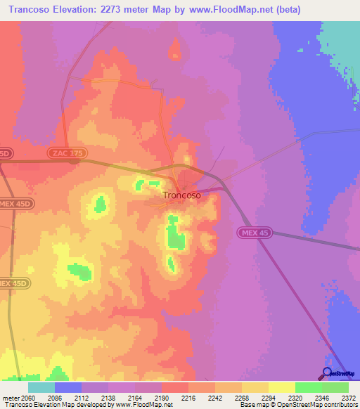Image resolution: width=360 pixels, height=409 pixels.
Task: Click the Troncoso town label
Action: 181,195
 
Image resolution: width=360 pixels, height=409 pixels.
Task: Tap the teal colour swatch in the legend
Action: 41,387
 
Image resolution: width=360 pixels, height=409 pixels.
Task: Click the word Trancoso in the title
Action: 32,9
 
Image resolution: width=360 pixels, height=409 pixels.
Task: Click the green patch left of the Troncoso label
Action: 101,204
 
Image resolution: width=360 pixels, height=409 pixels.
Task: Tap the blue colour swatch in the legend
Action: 68,387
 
